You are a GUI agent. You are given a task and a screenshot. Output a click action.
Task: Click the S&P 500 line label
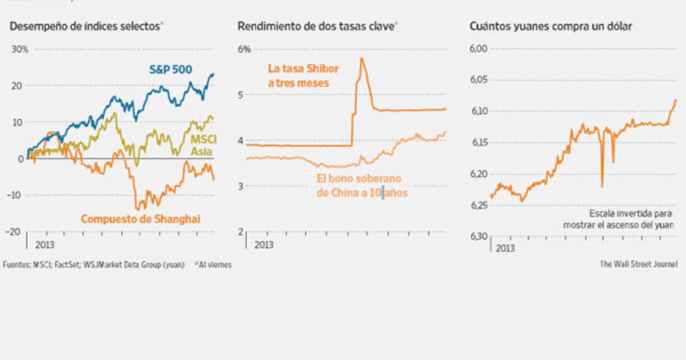coord(170,69)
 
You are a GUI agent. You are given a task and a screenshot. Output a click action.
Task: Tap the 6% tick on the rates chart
coord(244,49)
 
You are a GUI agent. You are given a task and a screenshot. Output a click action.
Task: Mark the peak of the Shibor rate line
coord(362,58)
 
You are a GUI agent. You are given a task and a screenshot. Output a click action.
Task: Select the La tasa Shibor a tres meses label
coord(302,75)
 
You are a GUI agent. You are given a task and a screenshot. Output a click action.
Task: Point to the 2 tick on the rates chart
coord(242,231)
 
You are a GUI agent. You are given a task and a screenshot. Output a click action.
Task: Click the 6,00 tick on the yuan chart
coord(478,49)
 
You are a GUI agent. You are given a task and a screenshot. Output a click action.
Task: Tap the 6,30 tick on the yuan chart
coord(478,236)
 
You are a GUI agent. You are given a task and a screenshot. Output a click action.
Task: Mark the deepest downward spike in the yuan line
coord(602,186)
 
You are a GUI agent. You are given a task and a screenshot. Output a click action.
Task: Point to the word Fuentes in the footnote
coord(15,265)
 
